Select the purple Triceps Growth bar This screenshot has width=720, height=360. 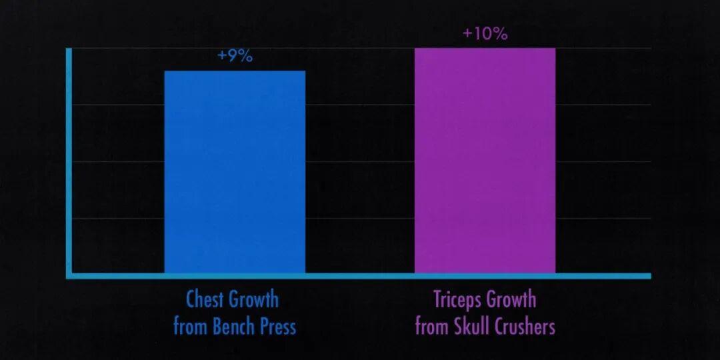(x=485, y=160)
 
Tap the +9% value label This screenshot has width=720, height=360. (x=235, y=56)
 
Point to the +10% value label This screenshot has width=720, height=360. (x=485, y=33)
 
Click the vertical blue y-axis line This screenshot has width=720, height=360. (x=69, y=160)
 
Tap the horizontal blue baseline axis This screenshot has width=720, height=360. (x=360, y=276)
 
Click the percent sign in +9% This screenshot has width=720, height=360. (x=246, y=56)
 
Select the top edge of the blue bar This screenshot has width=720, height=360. (x=235, y=71)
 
